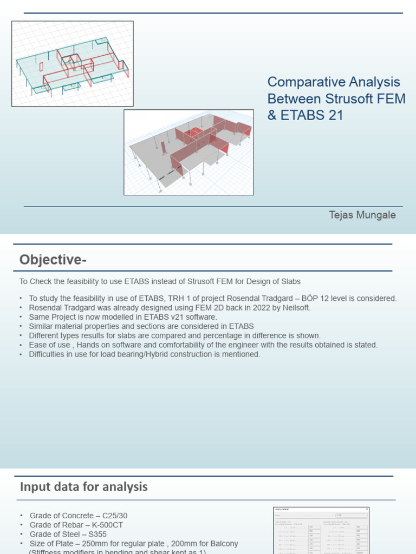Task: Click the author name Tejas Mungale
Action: [x=362, y=215]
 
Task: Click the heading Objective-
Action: [x=53, y=260]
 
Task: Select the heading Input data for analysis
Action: [x=83, y=487]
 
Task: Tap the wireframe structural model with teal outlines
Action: [x=73, y=63]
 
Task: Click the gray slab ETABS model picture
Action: [x=188, y=152]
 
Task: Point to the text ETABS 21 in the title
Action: [x=311, y=115]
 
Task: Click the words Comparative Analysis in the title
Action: [x=334, y=82]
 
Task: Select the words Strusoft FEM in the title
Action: [x=365, y=99]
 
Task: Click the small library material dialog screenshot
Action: [x=321, y=530]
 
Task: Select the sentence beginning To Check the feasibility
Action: [x=160, y=281]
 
